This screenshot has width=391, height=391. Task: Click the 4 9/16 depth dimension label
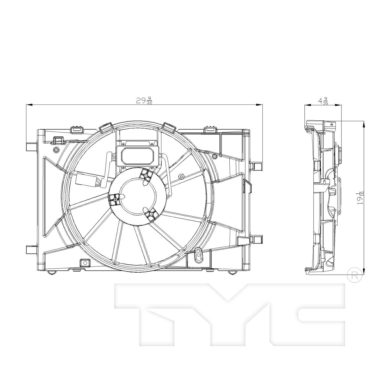coord(323,101)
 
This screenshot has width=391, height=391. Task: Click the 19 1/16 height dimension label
coord(361,198)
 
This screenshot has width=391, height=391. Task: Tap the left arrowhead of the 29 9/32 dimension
coord(29,105)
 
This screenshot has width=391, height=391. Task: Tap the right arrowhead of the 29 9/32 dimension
coord(259,105)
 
